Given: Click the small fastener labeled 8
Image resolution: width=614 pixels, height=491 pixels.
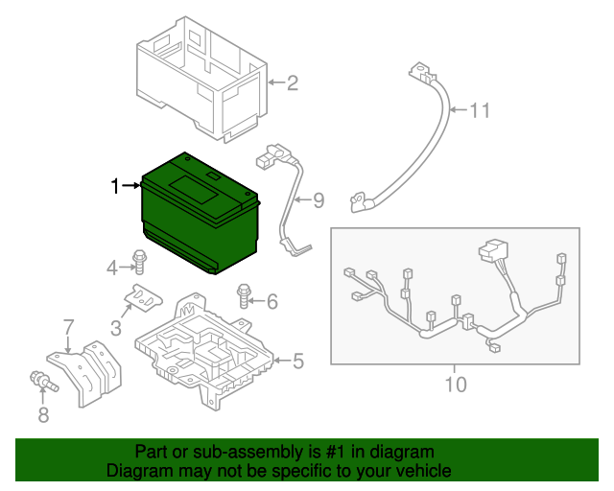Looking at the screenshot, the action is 42,381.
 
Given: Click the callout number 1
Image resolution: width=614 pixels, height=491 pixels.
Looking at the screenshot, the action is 116,186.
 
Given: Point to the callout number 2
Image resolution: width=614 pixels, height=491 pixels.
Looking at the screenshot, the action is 293,83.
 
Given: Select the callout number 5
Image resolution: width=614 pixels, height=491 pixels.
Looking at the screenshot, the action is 297,362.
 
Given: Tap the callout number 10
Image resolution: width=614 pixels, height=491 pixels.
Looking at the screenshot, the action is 456,385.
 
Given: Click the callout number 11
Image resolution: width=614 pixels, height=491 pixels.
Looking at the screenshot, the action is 479,111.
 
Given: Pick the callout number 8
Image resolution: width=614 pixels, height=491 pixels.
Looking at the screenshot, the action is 42,415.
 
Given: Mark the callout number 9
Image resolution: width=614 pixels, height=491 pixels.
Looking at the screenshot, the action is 319,200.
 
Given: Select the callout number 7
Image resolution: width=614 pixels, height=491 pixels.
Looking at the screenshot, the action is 68,328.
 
